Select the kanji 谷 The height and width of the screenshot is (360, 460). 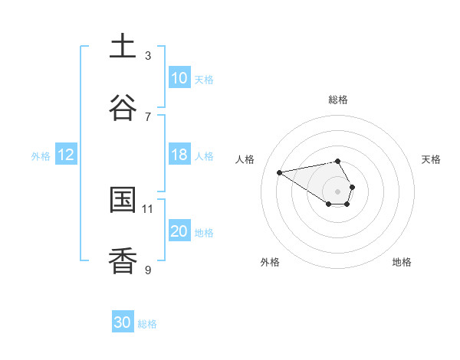tap(123, 108)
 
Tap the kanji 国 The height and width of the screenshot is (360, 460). tap(123, 200)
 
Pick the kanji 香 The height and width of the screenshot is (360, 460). tap(123, 261)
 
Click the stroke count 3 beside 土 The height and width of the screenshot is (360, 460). tap(148, 55)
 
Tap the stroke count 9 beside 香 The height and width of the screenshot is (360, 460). tap(148, 270)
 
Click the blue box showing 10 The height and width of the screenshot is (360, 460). tap(179, 78)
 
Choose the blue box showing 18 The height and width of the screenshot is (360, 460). tap(179, 155)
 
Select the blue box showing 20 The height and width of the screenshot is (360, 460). tap(179, 231)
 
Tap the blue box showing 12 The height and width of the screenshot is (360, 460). tap(66, 155)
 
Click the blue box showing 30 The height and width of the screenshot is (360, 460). tap(123, 322)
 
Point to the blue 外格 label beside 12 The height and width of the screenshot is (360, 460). tap(41, 156)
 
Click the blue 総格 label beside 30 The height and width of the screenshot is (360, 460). tap(147, 324)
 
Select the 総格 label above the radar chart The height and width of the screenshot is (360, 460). tap(338, 100)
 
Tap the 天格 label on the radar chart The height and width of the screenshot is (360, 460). tap(431, 159)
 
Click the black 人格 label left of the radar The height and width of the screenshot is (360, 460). tap(245, 159)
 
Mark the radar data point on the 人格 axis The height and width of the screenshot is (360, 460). tap(280, 172)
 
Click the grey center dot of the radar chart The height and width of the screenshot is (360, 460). tap(337, 191)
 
